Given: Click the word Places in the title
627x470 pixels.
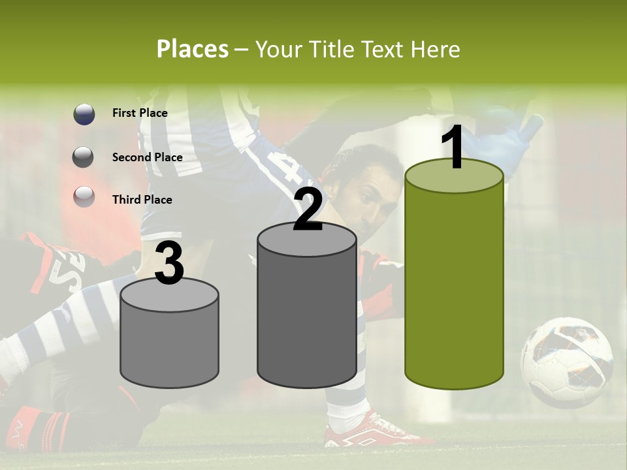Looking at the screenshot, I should click(x=192, y=49).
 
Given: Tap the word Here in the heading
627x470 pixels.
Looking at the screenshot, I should click(x=436, y=49).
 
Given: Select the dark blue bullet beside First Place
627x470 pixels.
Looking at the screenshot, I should click(x=84, y=114).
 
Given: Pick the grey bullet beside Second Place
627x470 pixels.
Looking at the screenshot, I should click(x=84, y=157).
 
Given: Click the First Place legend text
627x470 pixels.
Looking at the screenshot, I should click(x=140, y=113).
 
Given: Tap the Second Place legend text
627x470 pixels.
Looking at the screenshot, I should click(x=147, y=157).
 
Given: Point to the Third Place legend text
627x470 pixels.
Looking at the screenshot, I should click(x=142, y=200).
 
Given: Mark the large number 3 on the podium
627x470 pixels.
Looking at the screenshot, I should click(x=169, y=264).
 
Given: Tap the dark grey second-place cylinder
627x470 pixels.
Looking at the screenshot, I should click(x=306, y=313).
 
